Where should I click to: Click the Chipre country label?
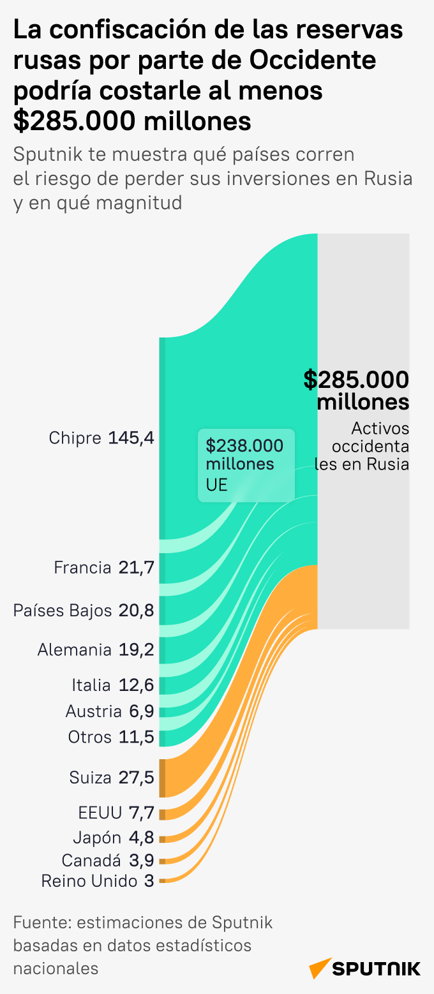pyautogui.click(x=75, y=438)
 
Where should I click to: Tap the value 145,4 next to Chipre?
pyautogui.click(x=131, y=438)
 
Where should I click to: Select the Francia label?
pyautogui.click(x=82, y=567)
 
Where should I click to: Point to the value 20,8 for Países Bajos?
pyautogui.click(x=137, y=611)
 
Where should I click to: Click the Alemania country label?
pyautogui.click(x=74, y=650)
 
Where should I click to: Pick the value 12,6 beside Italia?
pyautogui.click(x=137, y=685)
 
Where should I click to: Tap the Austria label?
pyautogui.click(x=93, y=711)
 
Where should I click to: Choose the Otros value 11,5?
pyautogui.click(x=137, y=737)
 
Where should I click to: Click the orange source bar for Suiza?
pyautogui.click(x=163, y=778)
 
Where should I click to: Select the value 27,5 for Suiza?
pyautogui.click(x=137, y=778)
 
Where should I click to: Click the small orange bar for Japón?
pyautogui.click(x=163, y=839)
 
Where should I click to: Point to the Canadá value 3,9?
pyautogui.click(x=142, y=860)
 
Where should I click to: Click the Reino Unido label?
pyautogui.click(x=89, y=881)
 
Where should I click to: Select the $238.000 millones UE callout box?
pyautogui.click(x=246, y=464)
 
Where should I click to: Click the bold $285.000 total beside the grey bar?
pyautogui.click(x=356, y=380)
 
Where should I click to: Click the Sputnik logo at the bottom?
pyautogui.click(x=365, y=968)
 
